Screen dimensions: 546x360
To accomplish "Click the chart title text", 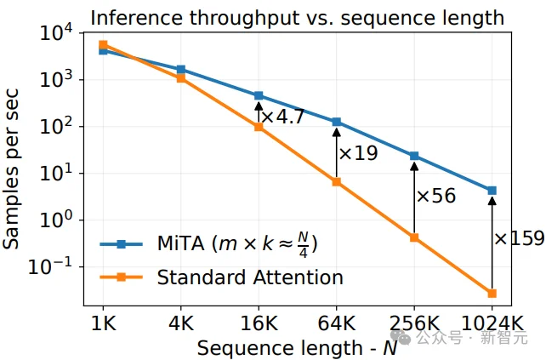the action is pyautogui.click(x=298, y=18).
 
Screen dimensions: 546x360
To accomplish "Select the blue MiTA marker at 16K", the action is pyautogui.click(x=259, y=96).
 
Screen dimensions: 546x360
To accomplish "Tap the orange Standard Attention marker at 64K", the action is pyautogui.click(x=337, y=182).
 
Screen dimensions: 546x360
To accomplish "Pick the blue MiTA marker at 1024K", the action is pyautogui.click(x=492, y=191).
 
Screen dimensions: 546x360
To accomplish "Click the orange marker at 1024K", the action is pyautogui.click(x=492, y=294).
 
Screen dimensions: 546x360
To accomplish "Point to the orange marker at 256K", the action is pyautogui.click(x=414, y=237).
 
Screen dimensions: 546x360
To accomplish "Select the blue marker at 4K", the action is pyautogui.click(x=180, y=70).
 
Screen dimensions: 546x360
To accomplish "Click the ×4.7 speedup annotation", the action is pyautogui.click(x=283, y=117).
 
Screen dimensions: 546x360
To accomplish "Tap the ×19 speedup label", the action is pyautogui.click(x=358, y=153).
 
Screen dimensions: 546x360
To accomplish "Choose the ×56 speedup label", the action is pyautogui.click(x=436, y=196).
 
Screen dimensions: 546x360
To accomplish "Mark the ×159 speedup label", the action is pyautogui.click(x=519, y=238).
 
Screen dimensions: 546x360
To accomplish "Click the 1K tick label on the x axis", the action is pyautogui.click(x=103, y=323).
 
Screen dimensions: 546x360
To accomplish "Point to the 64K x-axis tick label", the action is pyautogui.click(x=337, y=323).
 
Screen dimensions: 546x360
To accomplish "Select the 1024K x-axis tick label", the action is pyautogui.click(x=492, y=323).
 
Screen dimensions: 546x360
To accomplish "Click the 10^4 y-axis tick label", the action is pyautogui.click(x=56, y=32).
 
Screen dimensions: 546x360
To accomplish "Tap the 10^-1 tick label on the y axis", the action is pyautogui.click(x=50, y=266).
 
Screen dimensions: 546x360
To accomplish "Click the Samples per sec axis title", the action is pyautogui.click(x=11, y=169).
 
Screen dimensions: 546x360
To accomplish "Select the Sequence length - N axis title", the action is pyautogui.click(x=297, y=348).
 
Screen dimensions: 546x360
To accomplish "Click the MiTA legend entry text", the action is pyautogui.click(x=237, y=243).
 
